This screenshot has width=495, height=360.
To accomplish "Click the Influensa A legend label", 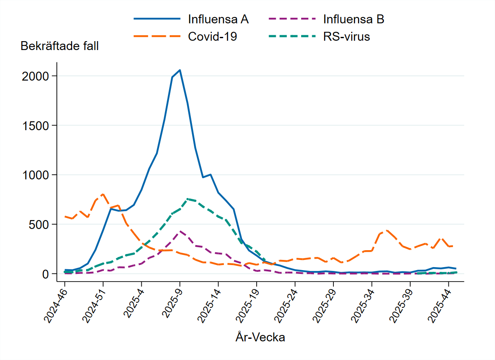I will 218,19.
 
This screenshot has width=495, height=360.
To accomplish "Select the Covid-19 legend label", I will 212,36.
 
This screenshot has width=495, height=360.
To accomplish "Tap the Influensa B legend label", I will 353,19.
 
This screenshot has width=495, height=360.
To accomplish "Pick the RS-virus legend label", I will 346,36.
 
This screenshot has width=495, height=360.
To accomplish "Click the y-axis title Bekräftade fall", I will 59,46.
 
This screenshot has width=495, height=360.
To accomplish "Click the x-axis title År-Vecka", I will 260,338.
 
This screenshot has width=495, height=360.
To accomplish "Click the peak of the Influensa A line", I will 180,70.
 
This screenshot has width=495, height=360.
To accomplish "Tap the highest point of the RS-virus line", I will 187,198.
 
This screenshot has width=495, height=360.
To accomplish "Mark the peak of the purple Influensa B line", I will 180,231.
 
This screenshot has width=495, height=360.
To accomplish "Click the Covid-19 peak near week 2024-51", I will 103,194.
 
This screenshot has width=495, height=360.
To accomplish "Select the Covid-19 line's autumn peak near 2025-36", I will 387,230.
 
